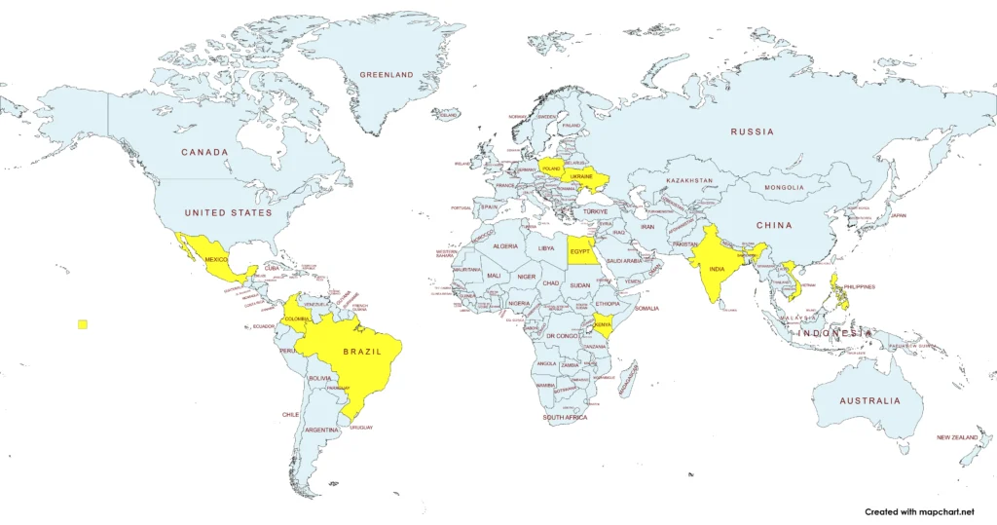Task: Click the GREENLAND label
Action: pyautogui.click(x=387, y=75)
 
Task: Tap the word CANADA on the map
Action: pyautogui.click(x=204, y=152)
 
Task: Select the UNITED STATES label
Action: pyautogui.click(x=230, y=212)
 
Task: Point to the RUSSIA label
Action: pyautogui.click(x=753, y=131)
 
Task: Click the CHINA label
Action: pyautogui.click(x=775, y=225)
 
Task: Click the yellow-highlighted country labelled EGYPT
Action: pyautogui.click(x=580, y=251)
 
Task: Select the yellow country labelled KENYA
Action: pyautogui.click(x=603, y=324)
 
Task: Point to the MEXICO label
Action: pyautogui.click(x=216, y=259)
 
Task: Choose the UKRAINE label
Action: pyautogui.click(x=581, y=176)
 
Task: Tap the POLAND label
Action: pyautogui.click(x=552, y=169)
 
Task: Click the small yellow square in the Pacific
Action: pyautogui.click(x=83, y=324)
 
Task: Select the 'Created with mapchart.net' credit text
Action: pyautogui.click(x=918, y=511)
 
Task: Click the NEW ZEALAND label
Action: pyautogui.click(x=957, y=437)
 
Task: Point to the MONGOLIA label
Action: pyautogui.click(x=784, y=187)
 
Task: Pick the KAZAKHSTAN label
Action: pyautogui.click(x=689, y=181)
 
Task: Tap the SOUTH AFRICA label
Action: pyautogui.click(x=565, y=417)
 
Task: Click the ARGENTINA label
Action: pyautogui.click(x=321, y=429)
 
